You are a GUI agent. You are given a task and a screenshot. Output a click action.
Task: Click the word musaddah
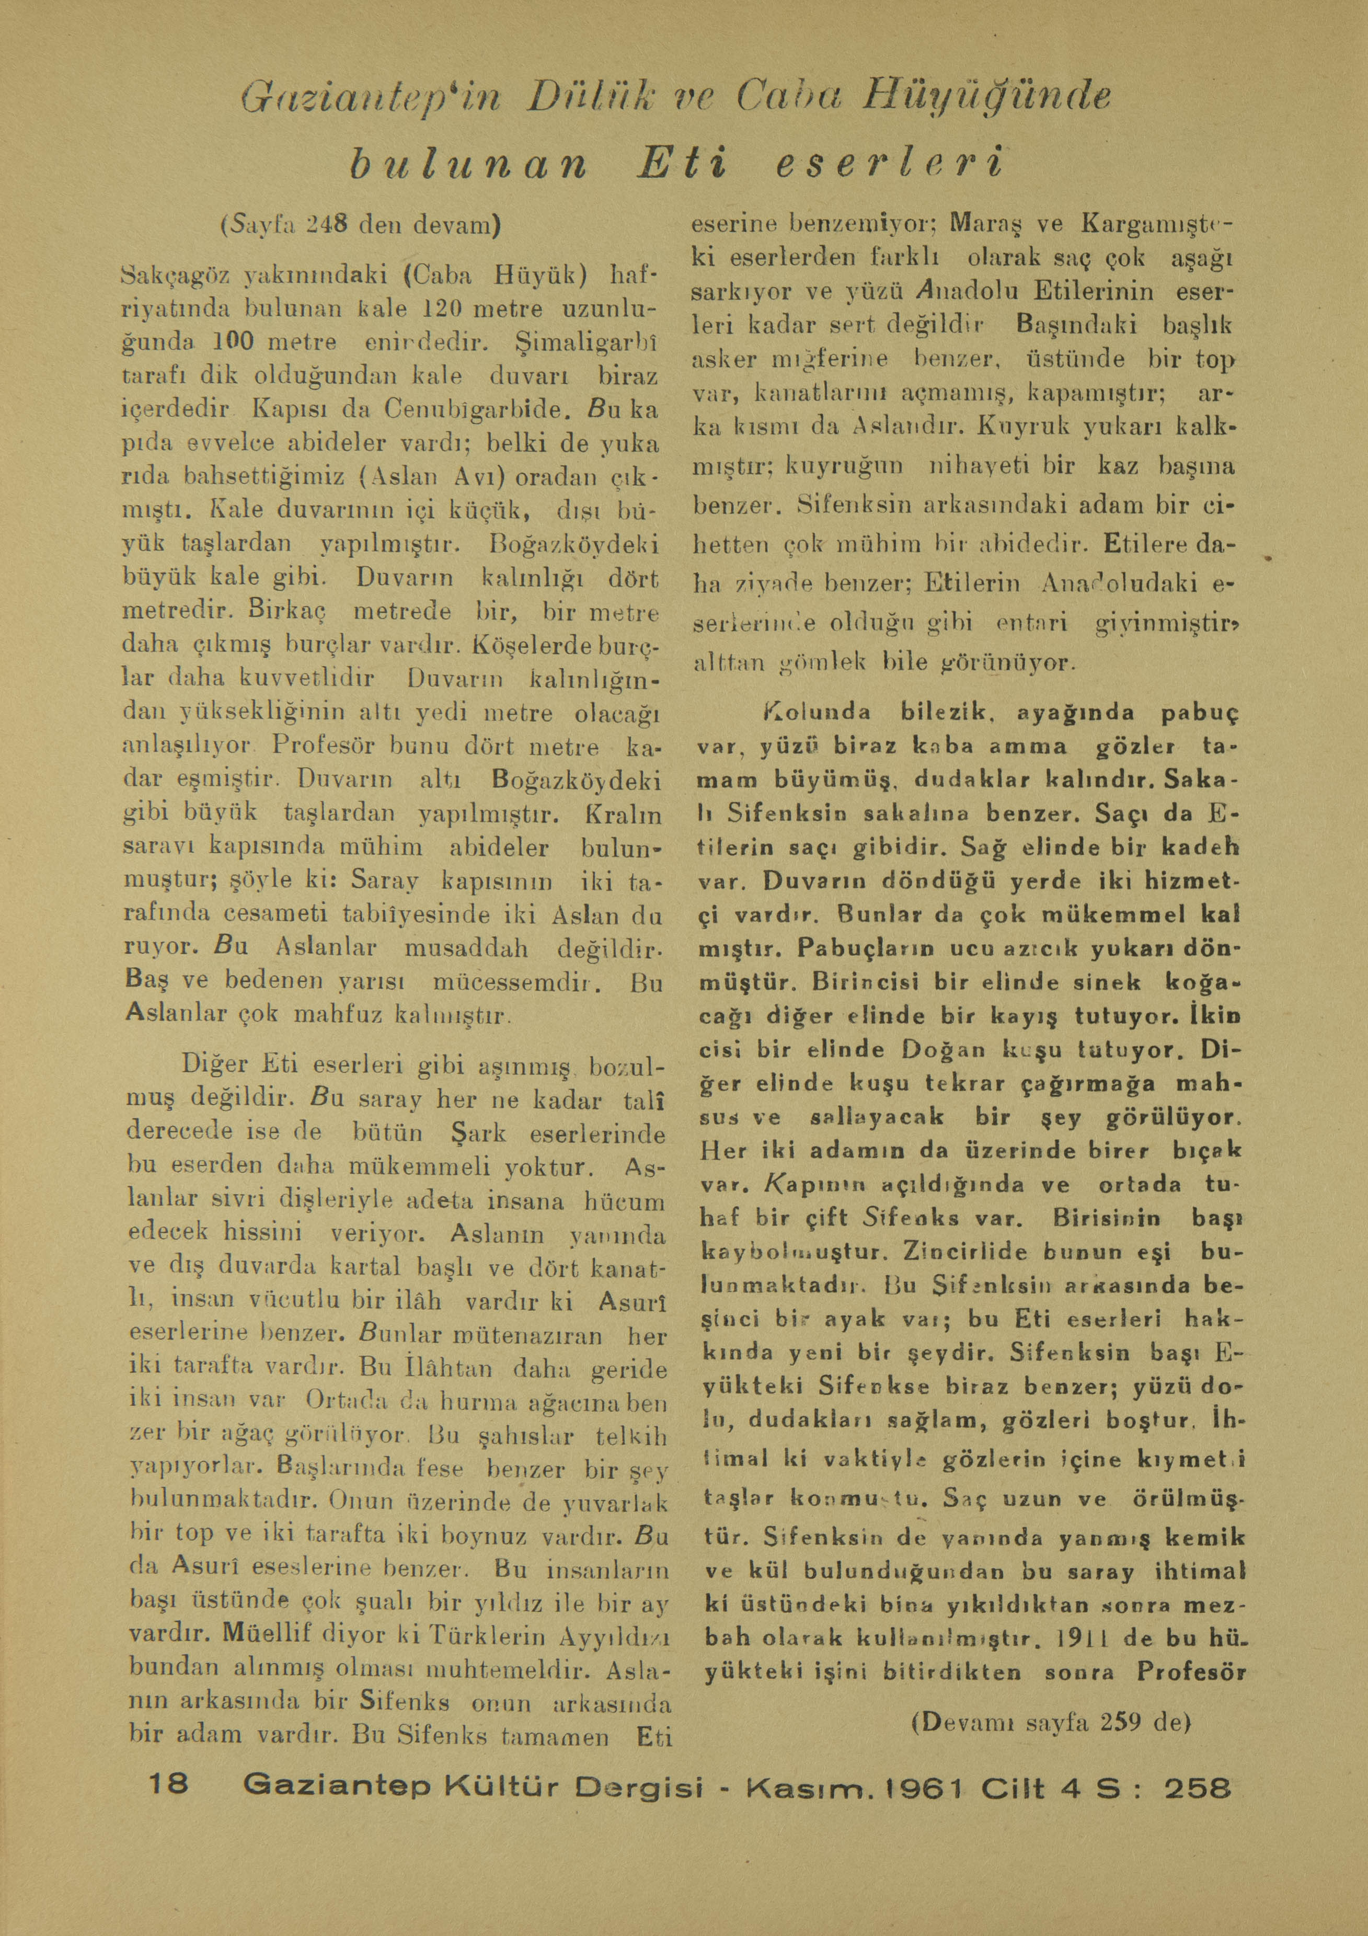[x=466, y=948]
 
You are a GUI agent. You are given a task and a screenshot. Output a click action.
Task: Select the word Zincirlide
[x=946, y=1253]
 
